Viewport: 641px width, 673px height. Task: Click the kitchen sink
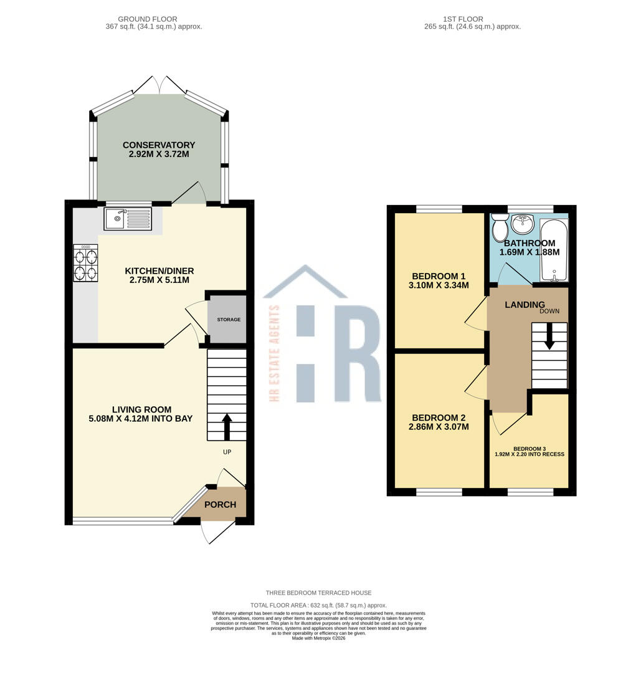click(x=128, y=219)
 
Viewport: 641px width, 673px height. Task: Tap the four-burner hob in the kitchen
click(x=86, y=264)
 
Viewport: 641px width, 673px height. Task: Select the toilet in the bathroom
click(x=500, y=229)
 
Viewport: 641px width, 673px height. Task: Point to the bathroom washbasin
click(x=523, y=224)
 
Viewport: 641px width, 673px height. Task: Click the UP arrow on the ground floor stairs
click(x=226, y=426)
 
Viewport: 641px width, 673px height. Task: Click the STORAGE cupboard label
click(x=228, y=320)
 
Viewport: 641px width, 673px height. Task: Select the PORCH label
click(x=221, y=505)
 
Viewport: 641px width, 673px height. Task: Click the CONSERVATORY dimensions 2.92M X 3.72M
click(x=158, y=154)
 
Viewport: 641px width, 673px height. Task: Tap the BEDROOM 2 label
click(x=439, y=418)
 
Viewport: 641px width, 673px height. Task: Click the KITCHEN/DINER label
click(x=159, y=271)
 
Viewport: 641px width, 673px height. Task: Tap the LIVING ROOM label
click(x=141, y=409)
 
